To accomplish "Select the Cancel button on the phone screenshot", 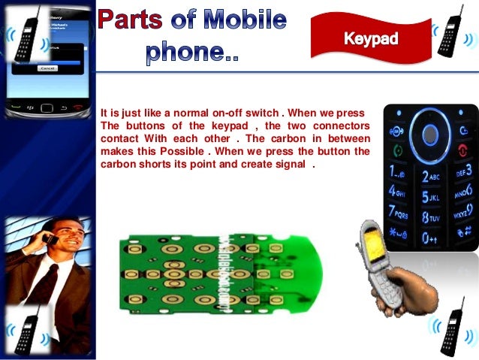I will tap(47, 68).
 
